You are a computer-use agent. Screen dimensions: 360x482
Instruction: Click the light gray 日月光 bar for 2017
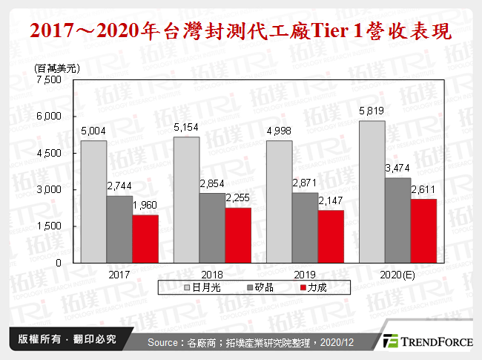(x=93, y=201)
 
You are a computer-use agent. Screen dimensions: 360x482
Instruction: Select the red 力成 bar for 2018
(x=239, y=235)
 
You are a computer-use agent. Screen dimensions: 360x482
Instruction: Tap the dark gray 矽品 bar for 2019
(x=306, y=227)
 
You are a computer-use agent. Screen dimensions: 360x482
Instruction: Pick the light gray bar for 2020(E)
(x=372, y=192)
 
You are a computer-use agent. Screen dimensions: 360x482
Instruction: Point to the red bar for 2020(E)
(x=423, y=230)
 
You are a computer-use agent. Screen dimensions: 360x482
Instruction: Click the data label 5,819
(x=372, y=111)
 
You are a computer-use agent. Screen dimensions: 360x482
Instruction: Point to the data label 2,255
(x=239, y=200)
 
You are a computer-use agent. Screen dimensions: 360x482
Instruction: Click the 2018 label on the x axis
(x=212, y=274)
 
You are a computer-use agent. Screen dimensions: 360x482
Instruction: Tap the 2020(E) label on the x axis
(x=397, y=274)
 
